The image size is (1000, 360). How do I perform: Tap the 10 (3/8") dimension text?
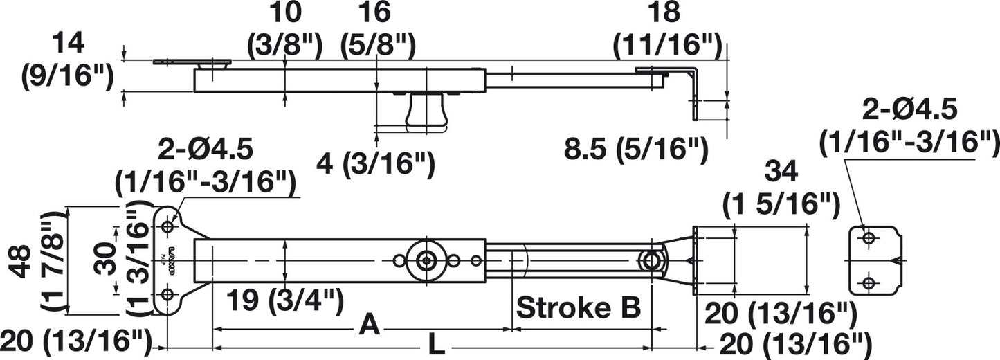pyautogui.click(x=284, y=30)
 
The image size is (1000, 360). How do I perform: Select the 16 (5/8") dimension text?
pyautogui.click(x=378, y=30)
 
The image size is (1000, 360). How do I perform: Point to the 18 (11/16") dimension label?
pyautogui.click(x=667, y=30)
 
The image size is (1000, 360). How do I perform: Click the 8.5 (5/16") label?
pyautogui.click(x=636, y=150)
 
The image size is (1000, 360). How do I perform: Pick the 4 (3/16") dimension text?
pyautogui.click(x=375, y=164)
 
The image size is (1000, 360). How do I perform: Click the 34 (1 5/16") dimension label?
pyautogui.click(x=781, y=189)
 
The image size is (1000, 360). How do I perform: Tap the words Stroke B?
pyautogui.click(x=578, y=308)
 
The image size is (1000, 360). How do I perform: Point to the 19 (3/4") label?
pyautogui.click(x=285, y=300)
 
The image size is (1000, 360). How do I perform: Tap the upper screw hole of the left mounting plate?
pyautogui.click(x=168, y=226)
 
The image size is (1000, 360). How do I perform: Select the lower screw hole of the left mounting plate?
pyautogui.click(x=168, y=295)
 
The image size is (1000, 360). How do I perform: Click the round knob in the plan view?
pyautogui.click(x=427, y=260)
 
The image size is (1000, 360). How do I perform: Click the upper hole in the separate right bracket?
pyautogui.click(x=869, y=237)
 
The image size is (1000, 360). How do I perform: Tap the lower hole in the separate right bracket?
pyautogui.click(x=869, y=282)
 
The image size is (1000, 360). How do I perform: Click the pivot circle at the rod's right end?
pyautogui.click(x=652, y=261)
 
